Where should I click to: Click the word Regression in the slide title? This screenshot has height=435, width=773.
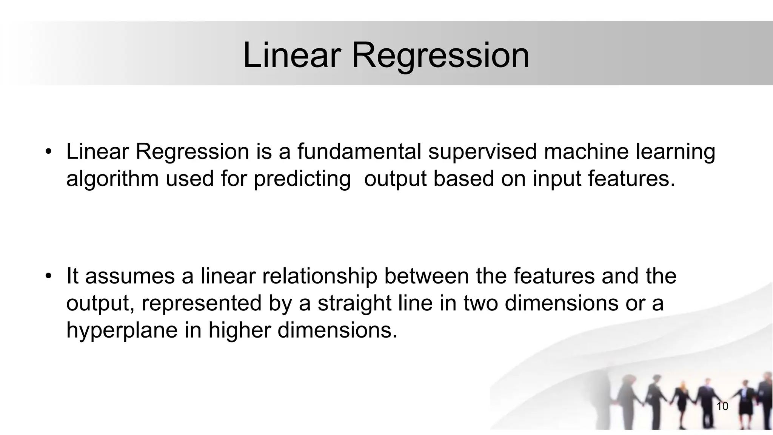coord(440,56)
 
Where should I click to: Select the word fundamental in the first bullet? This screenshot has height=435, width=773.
coord(359,151)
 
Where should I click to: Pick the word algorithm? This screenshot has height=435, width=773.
coord(112,179)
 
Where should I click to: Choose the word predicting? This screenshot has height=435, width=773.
coord(302,179)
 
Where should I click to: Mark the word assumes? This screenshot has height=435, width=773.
coord(130,276)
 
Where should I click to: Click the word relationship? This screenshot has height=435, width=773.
coord(320,276)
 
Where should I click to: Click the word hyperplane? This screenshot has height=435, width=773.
coord(122,331)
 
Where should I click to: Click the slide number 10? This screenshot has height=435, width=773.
coord(722,406)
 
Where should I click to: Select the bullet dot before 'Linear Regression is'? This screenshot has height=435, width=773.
coord(48,152)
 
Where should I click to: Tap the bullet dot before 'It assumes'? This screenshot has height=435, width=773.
coord(48,276)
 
